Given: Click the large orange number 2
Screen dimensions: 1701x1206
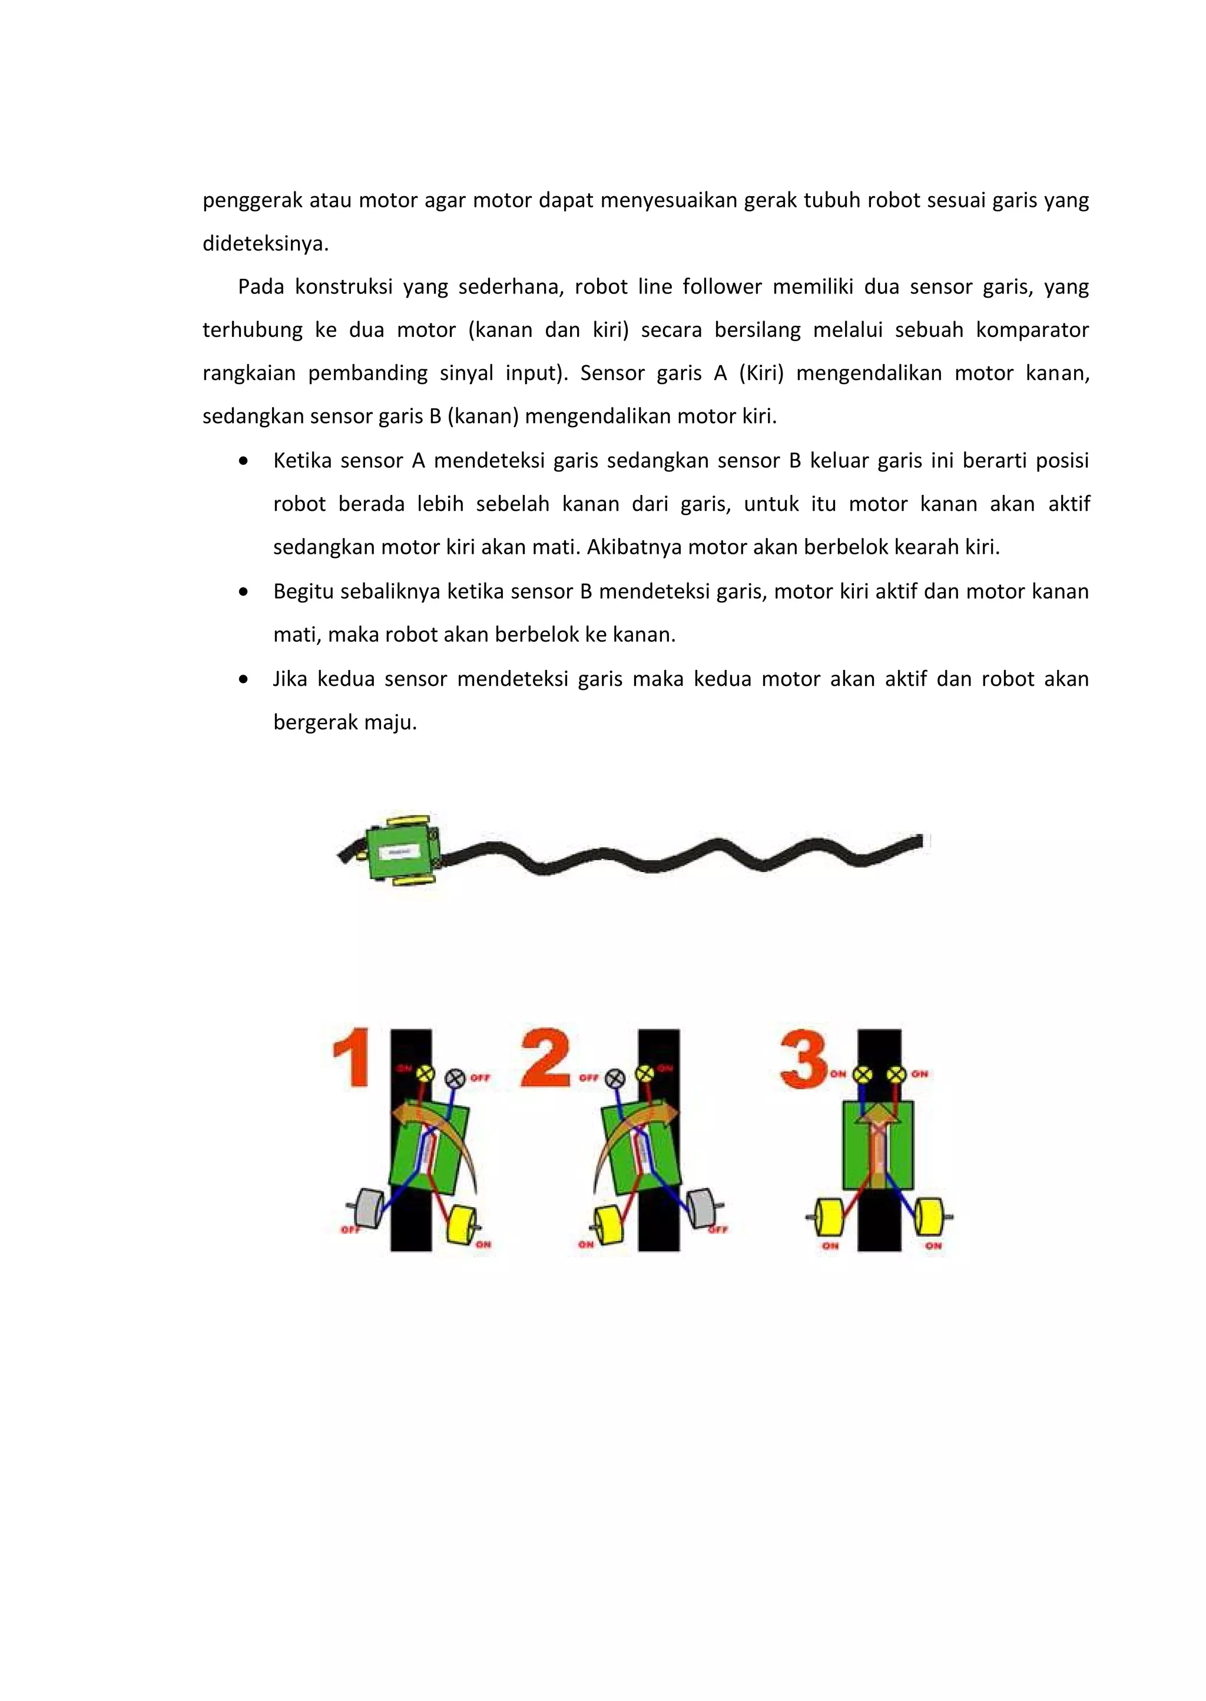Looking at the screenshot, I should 546,1058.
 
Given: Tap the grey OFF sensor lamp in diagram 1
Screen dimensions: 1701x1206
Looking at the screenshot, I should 455,1078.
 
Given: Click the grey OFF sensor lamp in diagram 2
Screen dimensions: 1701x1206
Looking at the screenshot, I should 615,1078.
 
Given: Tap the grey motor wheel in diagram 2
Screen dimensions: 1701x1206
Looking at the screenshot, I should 700,1208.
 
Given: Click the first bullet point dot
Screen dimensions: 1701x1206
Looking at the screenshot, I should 244,461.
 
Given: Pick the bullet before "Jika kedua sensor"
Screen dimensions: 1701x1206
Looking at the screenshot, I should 244,679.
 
